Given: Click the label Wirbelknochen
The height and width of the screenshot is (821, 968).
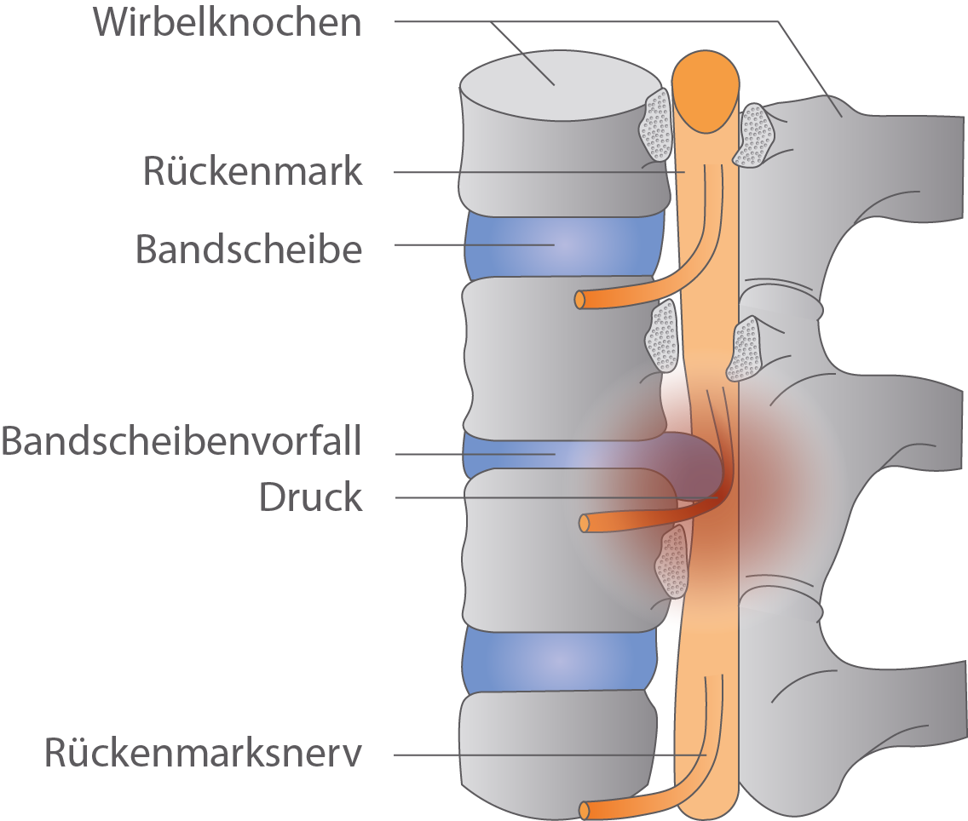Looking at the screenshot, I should click(x=228, y=23).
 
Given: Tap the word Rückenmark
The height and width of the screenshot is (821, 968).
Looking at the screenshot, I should click(x=252, y=172).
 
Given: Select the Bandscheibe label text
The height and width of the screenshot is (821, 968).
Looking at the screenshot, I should click(x=249, y=250).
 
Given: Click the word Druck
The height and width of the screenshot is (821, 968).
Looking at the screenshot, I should click(x=310, y=498).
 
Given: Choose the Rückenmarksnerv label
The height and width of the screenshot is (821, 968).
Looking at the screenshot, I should click(x=204, y=754).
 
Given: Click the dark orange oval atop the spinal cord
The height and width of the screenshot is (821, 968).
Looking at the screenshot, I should click(x=705, y=91).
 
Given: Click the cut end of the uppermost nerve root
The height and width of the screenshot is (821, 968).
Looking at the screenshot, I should click(x=580, y=300).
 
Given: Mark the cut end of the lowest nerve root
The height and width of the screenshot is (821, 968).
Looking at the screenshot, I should click(x=585, y=810).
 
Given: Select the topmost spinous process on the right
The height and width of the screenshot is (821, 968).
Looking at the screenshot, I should click(x=903, y=162).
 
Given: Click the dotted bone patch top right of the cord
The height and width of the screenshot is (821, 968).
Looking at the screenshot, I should click(x=753, y=135).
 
